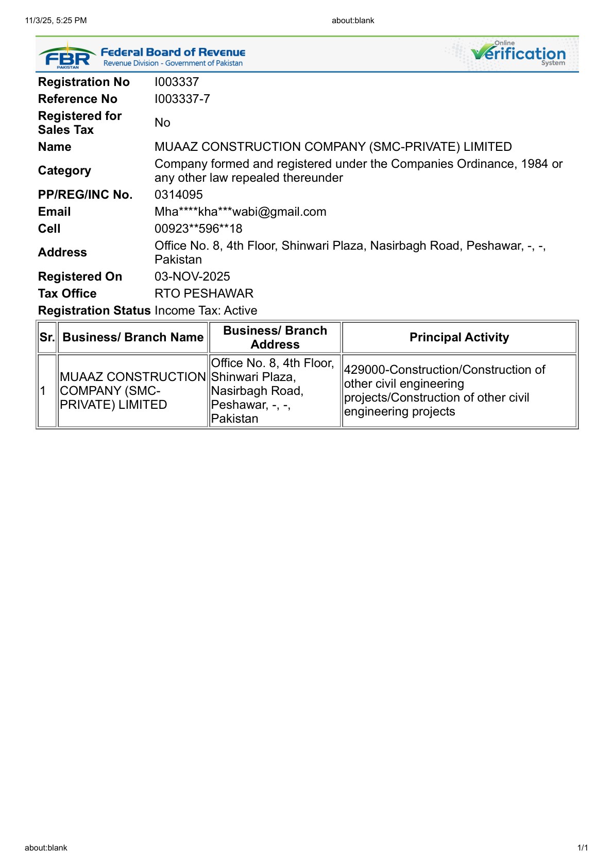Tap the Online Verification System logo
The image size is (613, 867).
click(x=518, y=54)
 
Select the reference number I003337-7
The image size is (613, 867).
click(x=182, y=99)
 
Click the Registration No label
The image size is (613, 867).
click(x=84, y=82)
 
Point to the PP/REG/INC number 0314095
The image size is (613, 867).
click(x=179, y=195)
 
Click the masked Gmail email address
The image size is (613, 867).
click(x=240, y=212)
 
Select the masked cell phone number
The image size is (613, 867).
click(x=198, y=229)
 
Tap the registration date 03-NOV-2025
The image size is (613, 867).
click(x=192, y=276)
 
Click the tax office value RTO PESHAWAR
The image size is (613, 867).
click(x=204, y=293)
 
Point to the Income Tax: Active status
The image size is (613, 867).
click(x=206, y=310)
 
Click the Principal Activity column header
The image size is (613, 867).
click(x=459, y=337)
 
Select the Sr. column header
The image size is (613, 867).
click(x=47, y=337)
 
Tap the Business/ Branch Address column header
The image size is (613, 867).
click(x=275, y=337)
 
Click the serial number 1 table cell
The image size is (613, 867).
click(x=43, y=391)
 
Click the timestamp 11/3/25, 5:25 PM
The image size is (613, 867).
click(x=56, y=21)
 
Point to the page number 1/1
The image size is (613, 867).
click(x=583, y=847)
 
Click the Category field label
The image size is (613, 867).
click(x=64, y=170)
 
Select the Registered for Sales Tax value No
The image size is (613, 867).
click(x=162, y=123)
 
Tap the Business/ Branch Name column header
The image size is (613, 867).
click(x=133, y=337)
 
